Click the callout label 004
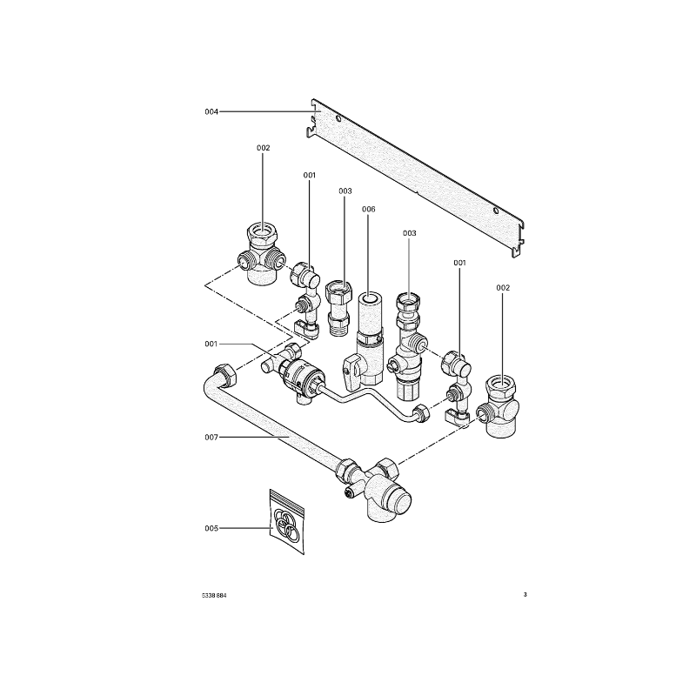tap(211, 112)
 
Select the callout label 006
tap(368, 209)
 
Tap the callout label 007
tap(211, 438)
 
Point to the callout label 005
tap(211, 528)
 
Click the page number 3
tap(525, 595)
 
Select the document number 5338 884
tap(214, 596)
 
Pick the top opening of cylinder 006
tap(371, 298)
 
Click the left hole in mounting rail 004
tap(338, 119)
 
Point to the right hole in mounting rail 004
tap(496, 211)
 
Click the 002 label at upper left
tap(264, 148)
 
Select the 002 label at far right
tap(503, 288)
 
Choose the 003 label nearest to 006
tap(345, 191)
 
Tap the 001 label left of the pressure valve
tap(211, 344)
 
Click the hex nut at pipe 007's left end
tap(226, 377)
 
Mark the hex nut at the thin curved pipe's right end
tap(421, 414)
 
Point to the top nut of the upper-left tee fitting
tap(262, 236)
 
